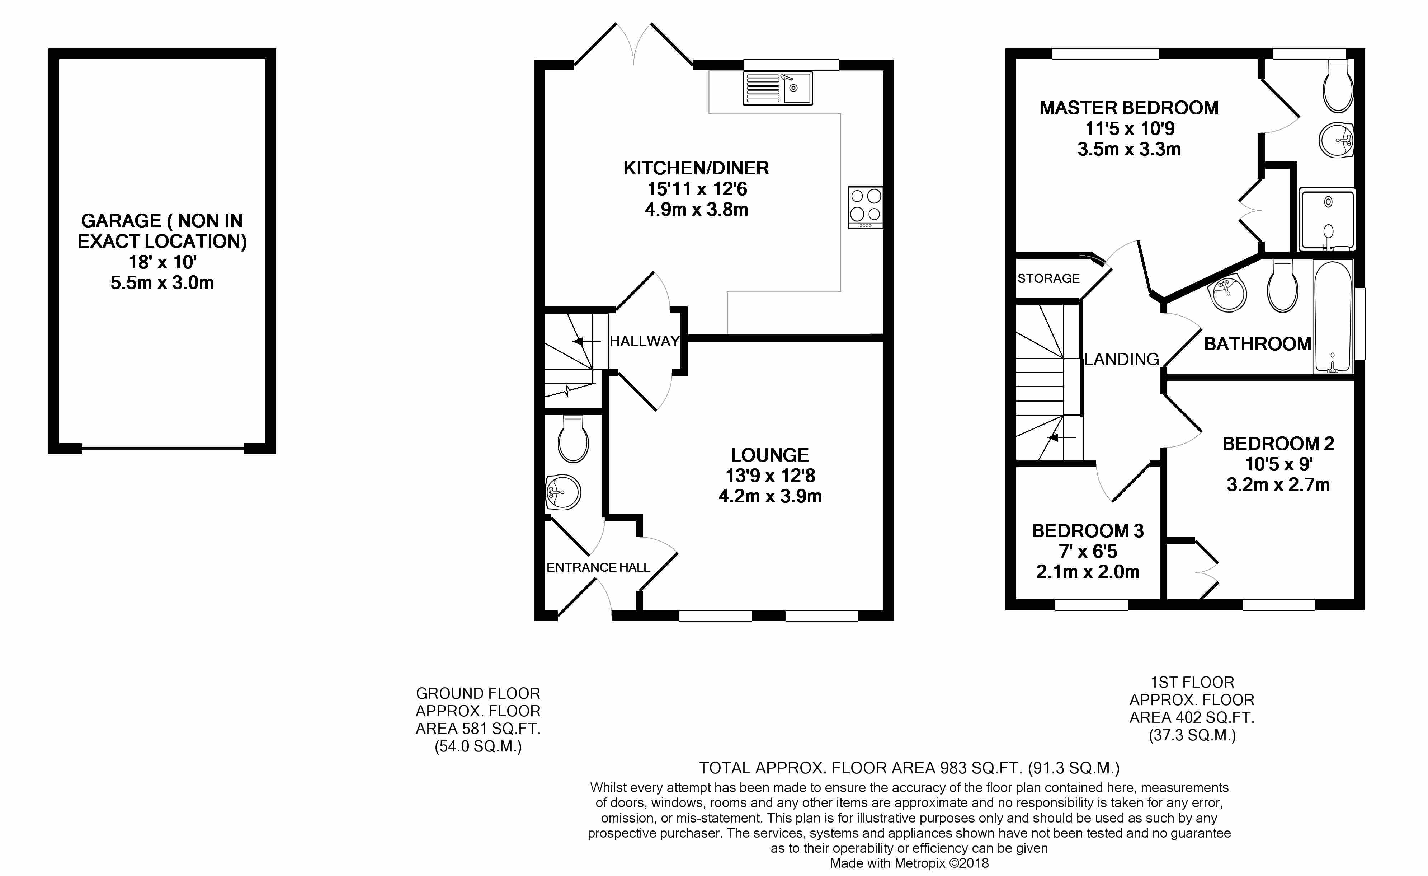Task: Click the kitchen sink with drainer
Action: click(778, 88)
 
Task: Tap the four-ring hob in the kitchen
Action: click(865, 207)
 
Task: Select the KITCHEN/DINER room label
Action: click(696, 168)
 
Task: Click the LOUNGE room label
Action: click(770, 455)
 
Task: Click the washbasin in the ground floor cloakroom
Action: click(563, 493)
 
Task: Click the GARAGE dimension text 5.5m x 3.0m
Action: click(162, 283)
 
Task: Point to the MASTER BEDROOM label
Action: click(1129, 108)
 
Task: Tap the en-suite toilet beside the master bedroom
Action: click(1338, 87)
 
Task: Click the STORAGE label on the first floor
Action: click(1048, 278)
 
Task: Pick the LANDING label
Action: click(1121, 360)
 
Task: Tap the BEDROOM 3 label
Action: click(1088, 531)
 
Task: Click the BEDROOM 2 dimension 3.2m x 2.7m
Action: click(1278, 485)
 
